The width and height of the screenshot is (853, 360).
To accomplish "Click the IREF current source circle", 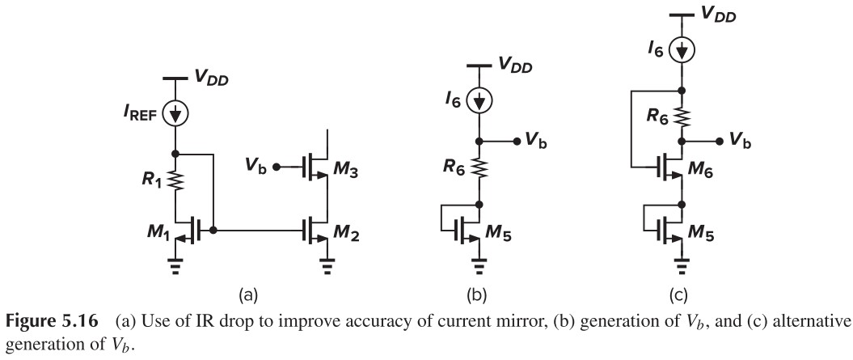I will [x=176, y=113].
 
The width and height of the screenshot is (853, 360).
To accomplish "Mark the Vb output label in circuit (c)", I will [x=740, y=139].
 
